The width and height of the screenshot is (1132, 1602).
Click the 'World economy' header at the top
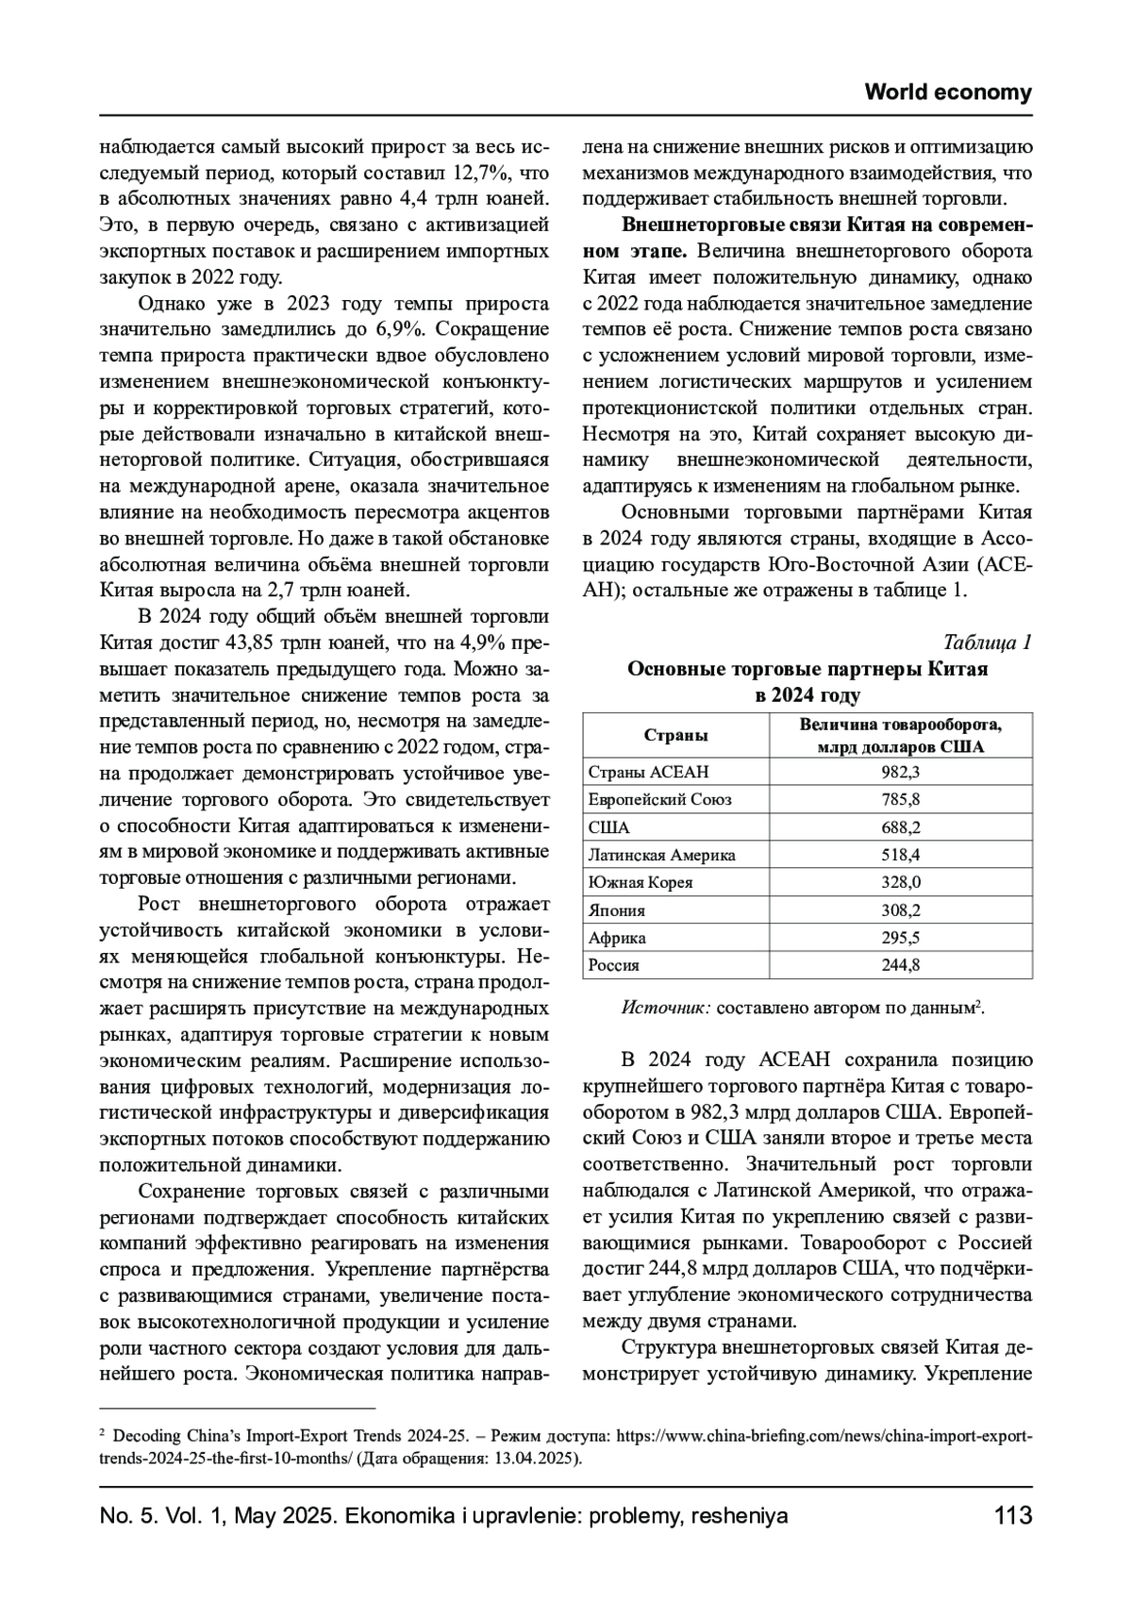click(x=948, y=92)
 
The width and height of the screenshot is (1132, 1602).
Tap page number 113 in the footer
click(x=1013, y=1516)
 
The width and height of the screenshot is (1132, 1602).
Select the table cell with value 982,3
click(x=901, y=772)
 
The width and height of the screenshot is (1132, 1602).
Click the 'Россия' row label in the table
click(x=614, y=965)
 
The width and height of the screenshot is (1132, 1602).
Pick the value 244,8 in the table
click(x=901, y=965)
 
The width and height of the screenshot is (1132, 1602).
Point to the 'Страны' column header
click(x=675, y=735)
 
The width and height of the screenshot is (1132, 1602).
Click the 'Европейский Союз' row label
click(x=659, y=799)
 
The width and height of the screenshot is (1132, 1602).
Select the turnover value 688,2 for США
click(x=901, y=827)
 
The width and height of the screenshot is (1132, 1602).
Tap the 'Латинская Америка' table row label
click(x=661, y=855)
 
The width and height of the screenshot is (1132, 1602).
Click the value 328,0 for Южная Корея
click(x=901, y=882)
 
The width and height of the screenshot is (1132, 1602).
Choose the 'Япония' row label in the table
click(x=617, y=910)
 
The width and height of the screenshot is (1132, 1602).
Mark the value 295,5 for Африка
click(x=901, y=938)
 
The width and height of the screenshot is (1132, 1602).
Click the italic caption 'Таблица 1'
click(x=987, y=642)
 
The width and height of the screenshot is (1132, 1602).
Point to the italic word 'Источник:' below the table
click(x=666, y=1008)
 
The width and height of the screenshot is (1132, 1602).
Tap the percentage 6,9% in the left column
click(x=402, y=329)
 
